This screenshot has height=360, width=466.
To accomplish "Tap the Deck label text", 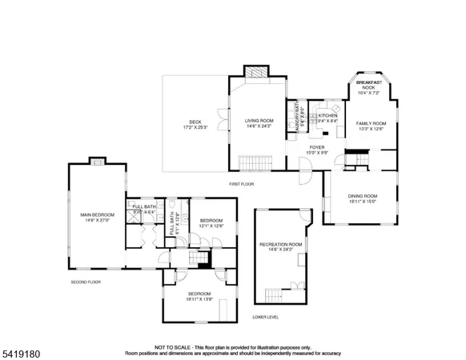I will click(195, 124).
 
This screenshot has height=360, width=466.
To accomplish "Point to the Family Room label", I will click(371, 126).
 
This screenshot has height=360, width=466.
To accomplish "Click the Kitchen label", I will click(328, 118).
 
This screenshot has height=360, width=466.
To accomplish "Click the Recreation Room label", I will click(280, 246).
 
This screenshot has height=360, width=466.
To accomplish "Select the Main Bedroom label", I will click(97, 217).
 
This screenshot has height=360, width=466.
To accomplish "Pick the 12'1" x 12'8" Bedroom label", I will click(211, 223).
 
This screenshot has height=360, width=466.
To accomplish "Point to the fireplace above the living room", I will click(257, 71).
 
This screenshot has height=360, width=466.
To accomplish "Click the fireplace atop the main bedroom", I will click(97, 160).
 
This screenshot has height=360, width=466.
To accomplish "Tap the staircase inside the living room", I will click(252, 164).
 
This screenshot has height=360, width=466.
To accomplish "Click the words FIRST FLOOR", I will click(241, 184).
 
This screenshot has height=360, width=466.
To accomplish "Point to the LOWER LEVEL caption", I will click(265, 317).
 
